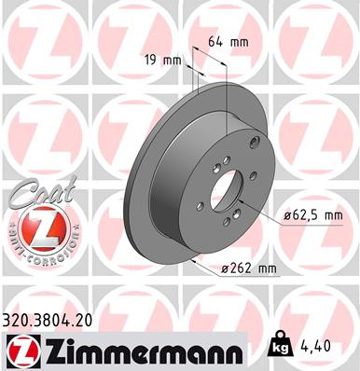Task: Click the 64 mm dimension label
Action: tap(227, 41)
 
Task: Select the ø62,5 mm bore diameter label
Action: tap(312, 215)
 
